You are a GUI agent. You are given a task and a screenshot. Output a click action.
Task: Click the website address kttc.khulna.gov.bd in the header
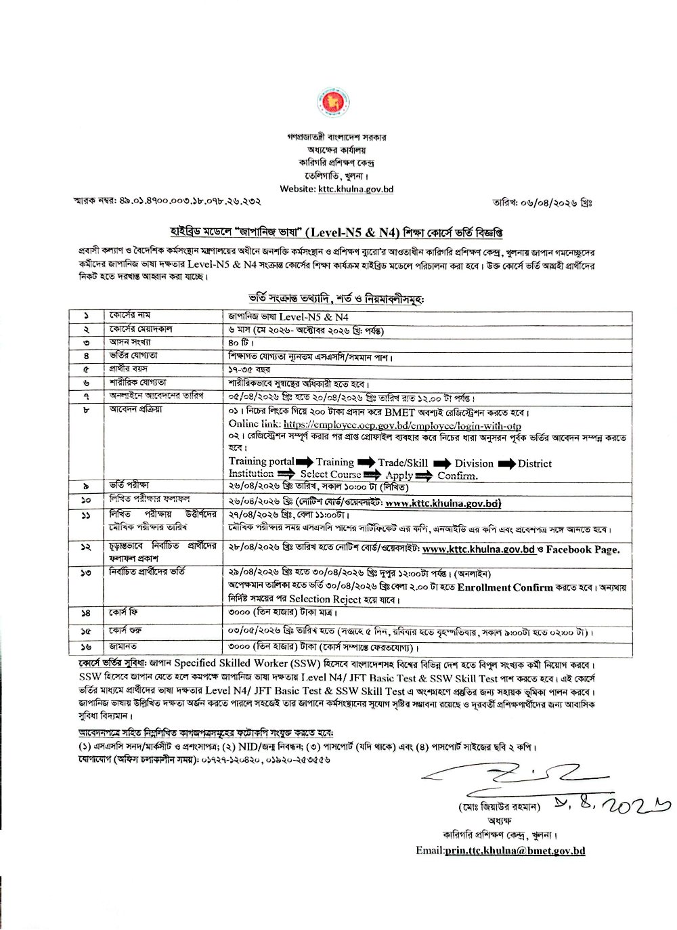[x=356, y=190]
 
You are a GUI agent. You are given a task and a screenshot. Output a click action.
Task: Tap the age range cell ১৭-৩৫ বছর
[x=249, y=369]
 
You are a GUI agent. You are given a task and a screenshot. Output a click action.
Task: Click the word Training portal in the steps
[x=261, y=462]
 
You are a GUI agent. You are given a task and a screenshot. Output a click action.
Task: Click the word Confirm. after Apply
[x=457, y=475]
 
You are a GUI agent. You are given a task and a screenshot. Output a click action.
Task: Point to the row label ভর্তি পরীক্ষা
[x=129, y=486]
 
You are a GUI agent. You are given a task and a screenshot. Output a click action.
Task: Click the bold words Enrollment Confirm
[x=505, y=587]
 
